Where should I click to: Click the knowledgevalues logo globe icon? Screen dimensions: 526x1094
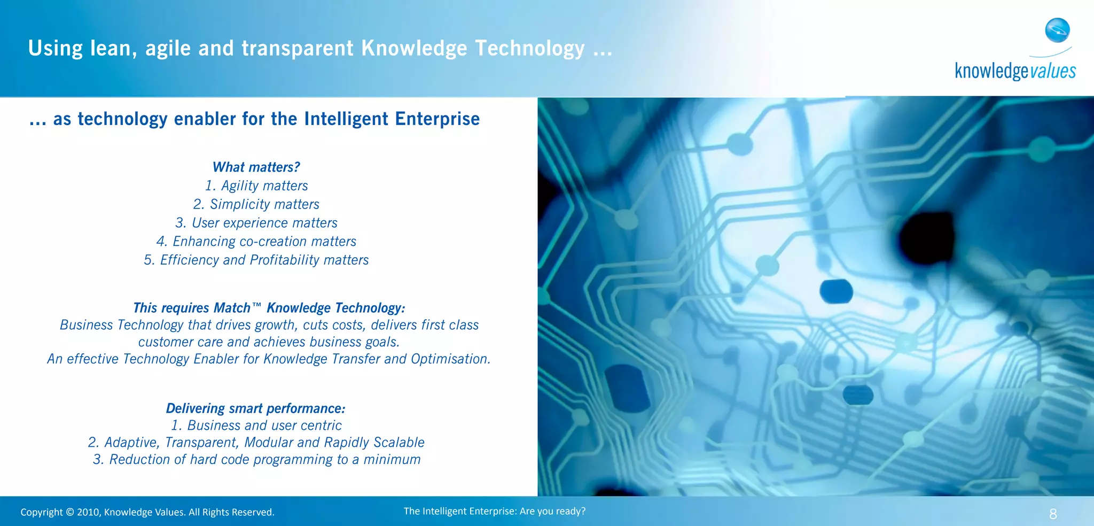tap(1057, 30)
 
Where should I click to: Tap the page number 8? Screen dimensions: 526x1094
tap(1053, 514)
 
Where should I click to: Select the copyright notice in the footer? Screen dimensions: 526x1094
tap(147, 512)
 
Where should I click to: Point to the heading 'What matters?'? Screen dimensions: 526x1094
tap(256, 167)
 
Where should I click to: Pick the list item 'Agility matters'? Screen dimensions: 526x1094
tap(256, 186)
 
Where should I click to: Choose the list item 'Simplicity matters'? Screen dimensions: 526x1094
tap(256, 204)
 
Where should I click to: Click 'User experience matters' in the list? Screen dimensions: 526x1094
tap(256, 223)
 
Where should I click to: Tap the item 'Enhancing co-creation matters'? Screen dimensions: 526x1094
tap(256, 242)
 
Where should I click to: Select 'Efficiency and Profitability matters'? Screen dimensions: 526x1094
tap(256, 260)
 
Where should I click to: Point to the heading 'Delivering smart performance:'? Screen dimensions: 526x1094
tap(255, 408)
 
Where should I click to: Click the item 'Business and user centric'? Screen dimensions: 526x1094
tap(256, 426)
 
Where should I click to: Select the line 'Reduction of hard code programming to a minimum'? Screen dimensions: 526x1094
tap(256, 460)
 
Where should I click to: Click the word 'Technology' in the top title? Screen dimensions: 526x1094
tap(529, 49)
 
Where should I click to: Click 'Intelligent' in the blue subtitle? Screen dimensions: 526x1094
tap(346, 119)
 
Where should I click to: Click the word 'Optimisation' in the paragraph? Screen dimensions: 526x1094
tap(450, 359)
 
